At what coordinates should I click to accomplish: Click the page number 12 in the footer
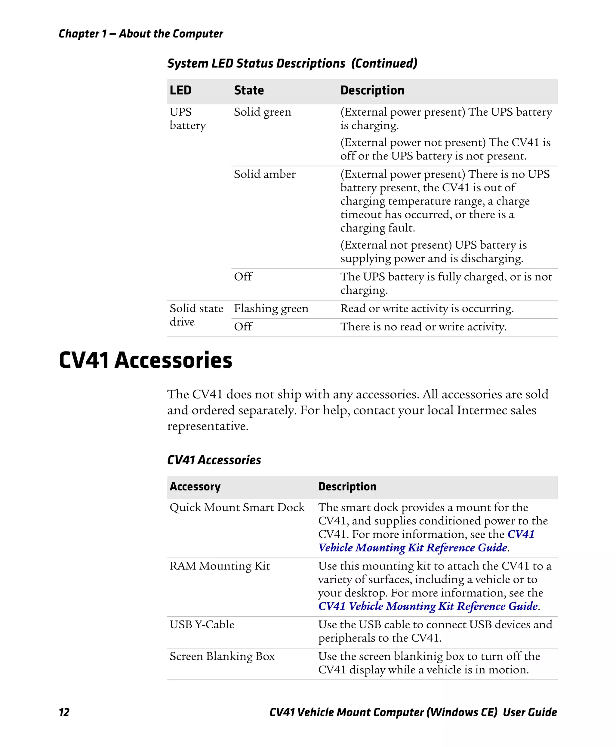coord(64,712)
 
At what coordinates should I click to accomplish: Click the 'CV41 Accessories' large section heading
coord(146,360)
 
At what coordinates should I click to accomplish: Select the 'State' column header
coord(249,90)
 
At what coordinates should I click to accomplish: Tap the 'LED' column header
coord(180,90)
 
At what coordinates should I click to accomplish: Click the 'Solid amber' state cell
coord(264,174)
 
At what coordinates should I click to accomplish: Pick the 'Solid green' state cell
coord(262,112)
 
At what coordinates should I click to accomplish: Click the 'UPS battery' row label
coord(187,119)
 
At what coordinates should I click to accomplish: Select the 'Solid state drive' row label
coord(196,315)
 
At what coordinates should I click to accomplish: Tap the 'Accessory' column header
coord(195,487)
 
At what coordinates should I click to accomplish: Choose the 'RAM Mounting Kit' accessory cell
coord(220,566)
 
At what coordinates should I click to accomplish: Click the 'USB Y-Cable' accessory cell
coord(202,624)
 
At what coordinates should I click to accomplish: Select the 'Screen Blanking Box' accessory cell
coord(222,656)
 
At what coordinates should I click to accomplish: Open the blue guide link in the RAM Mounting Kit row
coord(428,606)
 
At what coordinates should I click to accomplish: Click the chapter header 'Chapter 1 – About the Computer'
coord(141,34)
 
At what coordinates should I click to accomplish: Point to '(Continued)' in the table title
coord(384,63)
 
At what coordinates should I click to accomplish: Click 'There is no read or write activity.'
coord(423,327)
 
